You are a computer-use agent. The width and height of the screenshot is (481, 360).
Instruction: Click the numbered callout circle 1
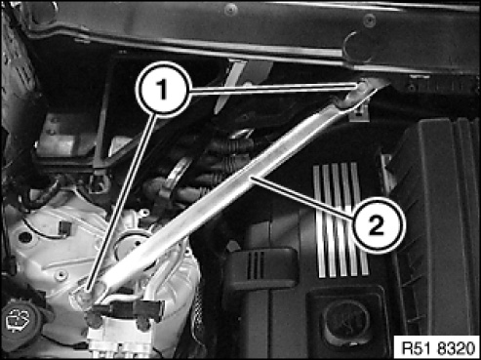(162, 89)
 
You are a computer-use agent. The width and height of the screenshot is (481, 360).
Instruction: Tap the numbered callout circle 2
(377, 225)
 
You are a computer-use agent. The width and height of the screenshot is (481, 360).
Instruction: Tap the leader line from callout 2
(301, 197)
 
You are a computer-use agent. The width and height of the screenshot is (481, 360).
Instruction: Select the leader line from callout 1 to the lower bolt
(119, 203)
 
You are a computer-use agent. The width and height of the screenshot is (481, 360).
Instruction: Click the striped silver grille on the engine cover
(341, 220)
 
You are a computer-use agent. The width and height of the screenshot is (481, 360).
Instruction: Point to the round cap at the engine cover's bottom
(345, 324)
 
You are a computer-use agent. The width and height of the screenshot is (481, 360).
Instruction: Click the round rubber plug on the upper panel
(358, 46)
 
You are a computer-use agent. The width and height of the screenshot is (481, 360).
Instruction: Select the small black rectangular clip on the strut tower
(66, 227)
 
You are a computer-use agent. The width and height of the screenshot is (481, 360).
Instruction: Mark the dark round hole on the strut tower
(25, 237)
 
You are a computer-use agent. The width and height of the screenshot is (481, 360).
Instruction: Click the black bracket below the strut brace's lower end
(127, 310)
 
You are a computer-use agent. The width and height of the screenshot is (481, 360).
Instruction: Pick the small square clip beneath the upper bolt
(359, 114)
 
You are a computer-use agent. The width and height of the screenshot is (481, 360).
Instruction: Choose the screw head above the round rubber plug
(369, 20)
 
